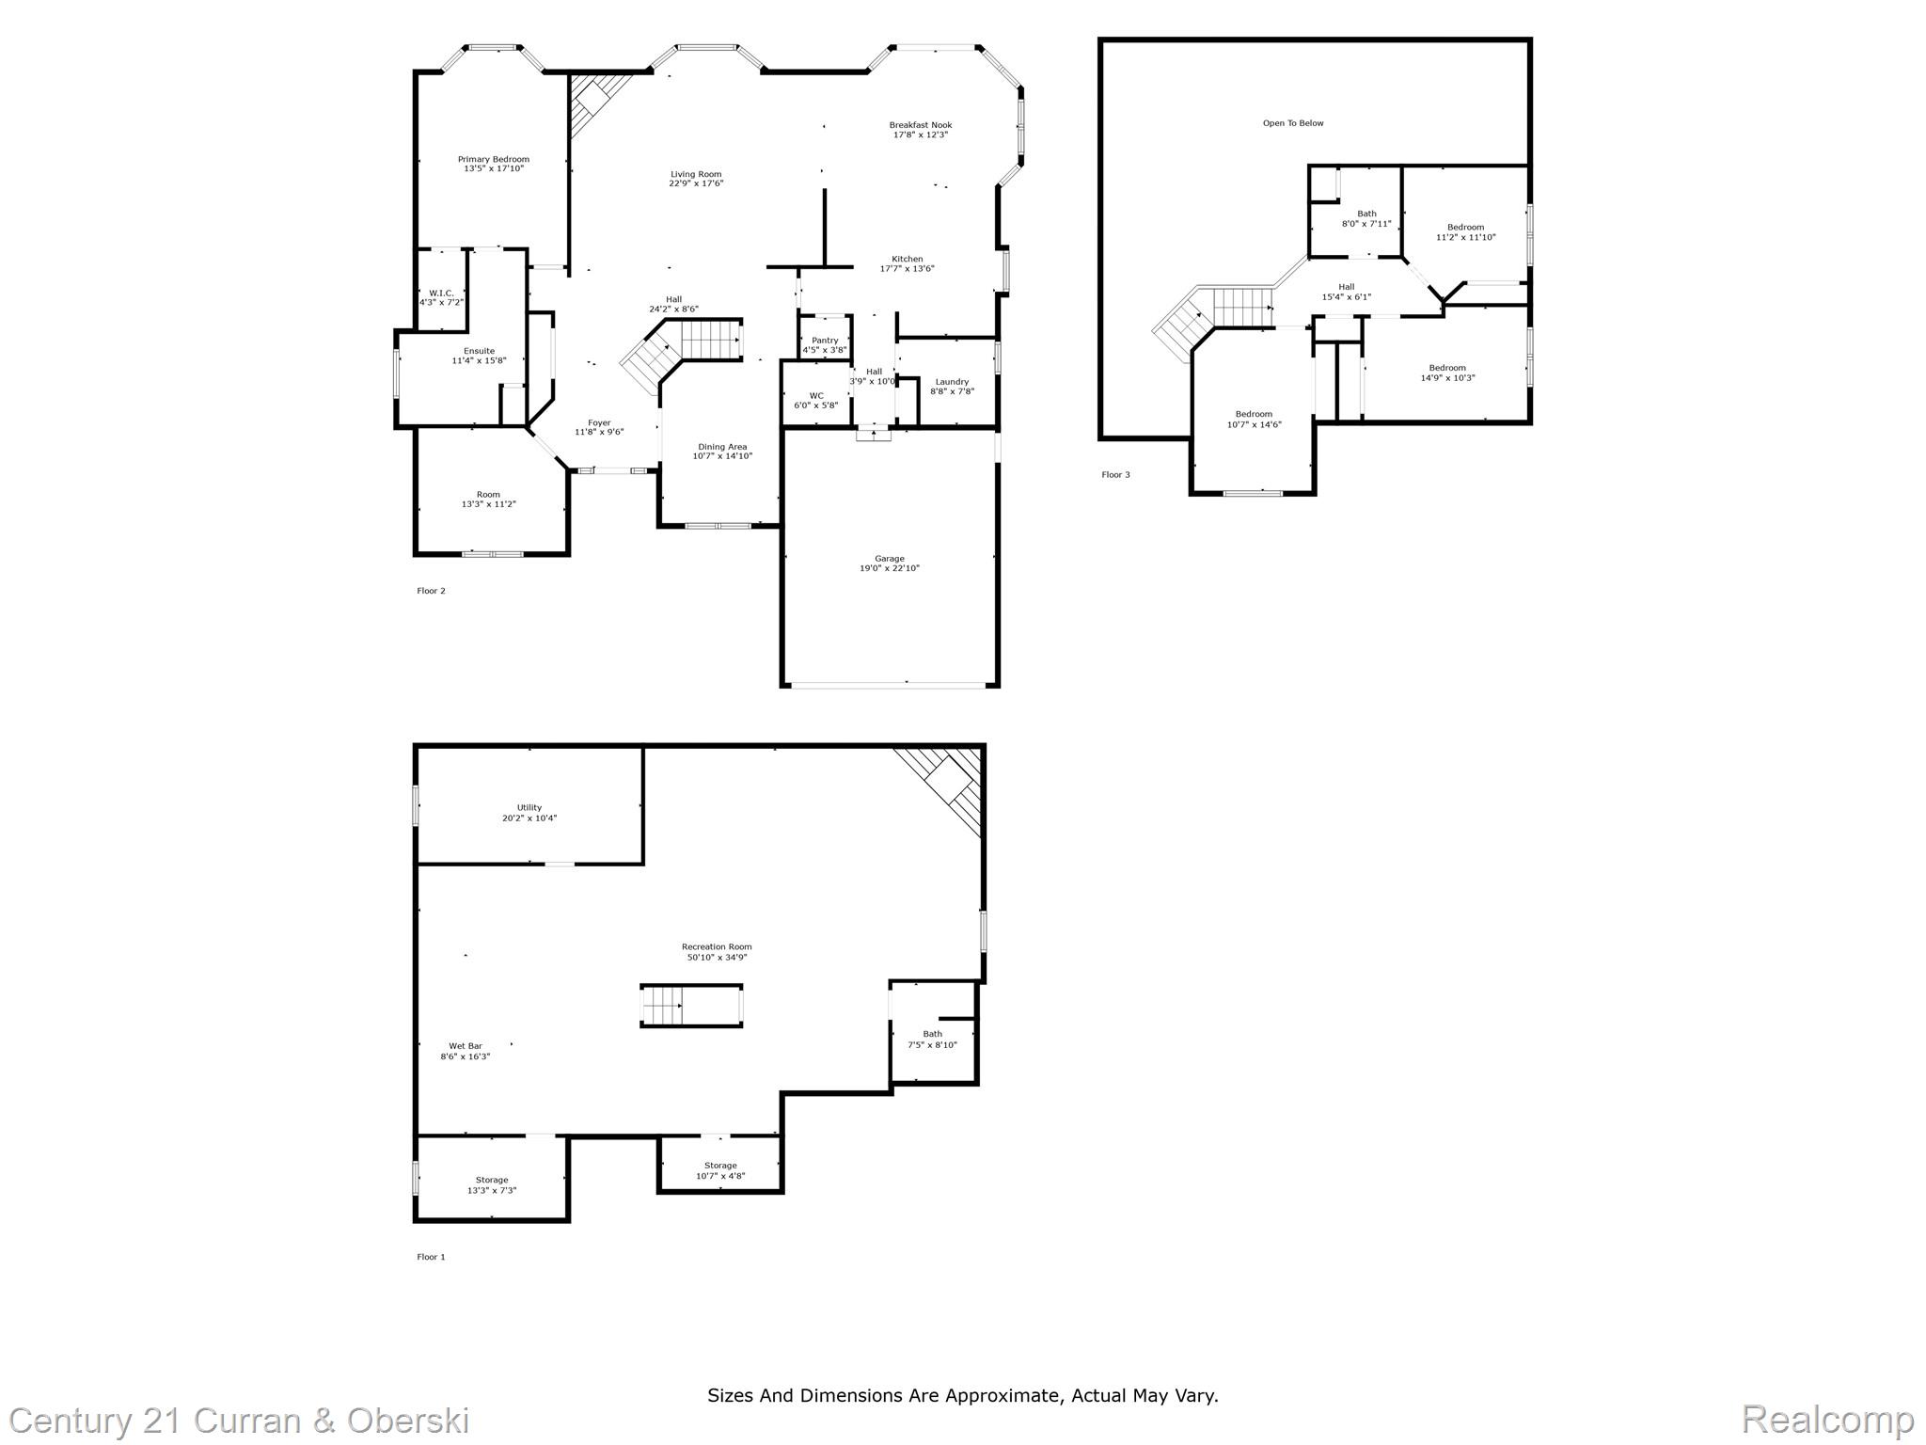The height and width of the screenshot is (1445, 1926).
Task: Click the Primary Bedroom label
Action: [x=493, y=160]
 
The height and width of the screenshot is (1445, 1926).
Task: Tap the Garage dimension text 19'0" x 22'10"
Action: [x=889, y=568]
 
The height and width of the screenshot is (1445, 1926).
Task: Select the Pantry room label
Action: [x=824, y=341]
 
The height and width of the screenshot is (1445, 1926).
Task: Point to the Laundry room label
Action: [x=952, y=382]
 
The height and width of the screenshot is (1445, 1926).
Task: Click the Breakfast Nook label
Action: [x=920, y=125]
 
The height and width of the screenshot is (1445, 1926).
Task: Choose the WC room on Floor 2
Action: [x=815, y=396]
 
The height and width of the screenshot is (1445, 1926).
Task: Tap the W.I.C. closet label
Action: [x=441, y=294]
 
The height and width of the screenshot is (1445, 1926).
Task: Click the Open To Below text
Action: [x=1292, y=123]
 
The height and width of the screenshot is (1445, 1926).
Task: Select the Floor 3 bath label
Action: [x=1366, y=214]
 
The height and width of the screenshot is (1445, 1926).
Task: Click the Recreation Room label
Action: [x=717, y=947]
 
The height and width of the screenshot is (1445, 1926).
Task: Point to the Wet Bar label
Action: [x=465, y=1046]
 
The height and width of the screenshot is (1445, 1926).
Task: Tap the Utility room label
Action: [x=529, y=808]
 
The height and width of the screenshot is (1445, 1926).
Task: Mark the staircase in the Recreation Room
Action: [x=691, y=1006]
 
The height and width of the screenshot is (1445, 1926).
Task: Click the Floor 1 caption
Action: [x=431, y=1257]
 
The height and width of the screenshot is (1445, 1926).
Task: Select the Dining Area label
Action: [x=722, y=447]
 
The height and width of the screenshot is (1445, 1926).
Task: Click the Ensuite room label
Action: [x=479, y=351]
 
